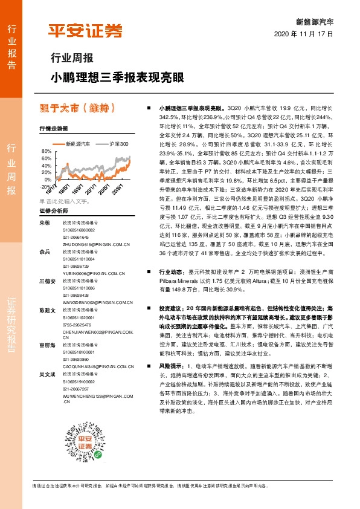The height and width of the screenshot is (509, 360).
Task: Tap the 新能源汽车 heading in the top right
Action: tap(314, 21)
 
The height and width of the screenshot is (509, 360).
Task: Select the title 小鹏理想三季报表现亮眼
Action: tap(115, 78)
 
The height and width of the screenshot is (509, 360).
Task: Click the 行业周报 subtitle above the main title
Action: tap(71, 59)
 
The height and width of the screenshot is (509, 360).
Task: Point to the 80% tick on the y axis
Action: tap(46, 151)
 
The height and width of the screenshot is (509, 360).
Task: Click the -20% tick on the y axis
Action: tap(45, 187)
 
